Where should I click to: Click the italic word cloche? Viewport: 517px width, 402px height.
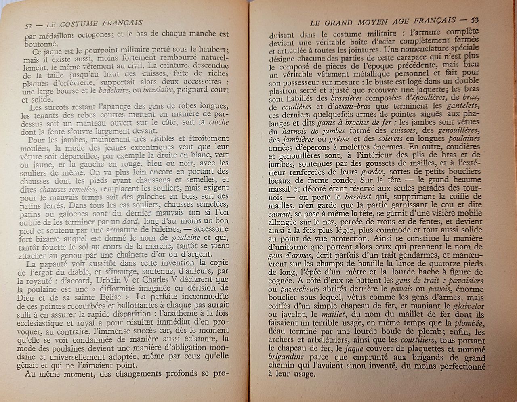pyautogui.click(x=219, y=122)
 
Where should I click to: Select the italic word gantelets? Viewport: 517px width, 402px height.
pyautogui.click(x=463, y=106)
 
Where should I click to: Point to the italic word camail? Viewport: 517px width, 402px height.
pyautogui.click(x=281, y=214)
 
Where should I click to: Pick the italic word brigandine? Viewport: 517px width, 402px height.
pyautogui.click(x=287, y=357)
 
